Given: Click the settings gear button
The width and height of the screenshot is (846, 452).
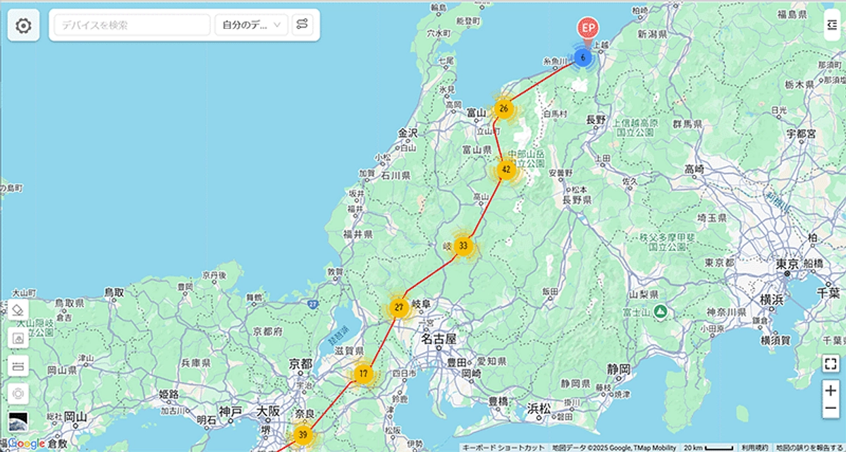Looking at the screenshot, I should (23, 26).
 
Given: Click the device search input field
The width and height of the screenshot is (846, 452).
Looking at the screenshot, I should (133, 25).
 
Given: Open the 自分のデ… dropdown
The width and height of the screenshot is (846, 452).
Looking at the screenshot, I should (251, 25).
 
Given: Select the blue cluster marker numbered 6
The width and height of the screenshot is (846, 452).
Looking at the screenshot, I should (582, 57).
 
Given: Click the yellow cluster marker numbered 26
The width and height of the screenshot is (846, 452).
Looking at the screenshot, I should (503, 109).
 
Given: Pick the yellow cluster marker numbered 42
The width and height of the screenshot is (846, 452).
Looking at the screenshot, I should (506, 170).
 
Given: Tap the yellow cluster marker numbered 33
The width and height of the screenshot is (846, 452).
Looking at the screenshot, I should (463, 246).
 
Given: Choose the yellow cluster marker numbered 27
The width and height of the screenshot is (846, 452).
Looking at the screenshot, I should (399, 308).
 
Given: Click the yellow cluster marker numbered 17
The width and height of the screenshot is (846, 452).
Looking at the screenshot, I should (363, 374).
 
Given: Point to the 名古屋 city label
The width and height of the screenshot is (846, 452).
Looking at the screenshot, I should (439, 339).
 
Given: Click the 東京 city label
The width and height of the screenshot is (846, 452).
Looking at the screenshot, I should (788, 264).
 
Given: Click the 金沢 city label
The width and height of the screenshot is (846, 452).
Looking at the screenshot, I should (407, 133).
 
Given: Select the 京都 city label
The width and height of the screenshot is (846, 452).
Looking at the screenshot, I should (300, 364).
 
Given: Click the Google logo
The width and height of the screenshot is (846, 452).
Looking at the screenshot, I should (27, 444).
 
